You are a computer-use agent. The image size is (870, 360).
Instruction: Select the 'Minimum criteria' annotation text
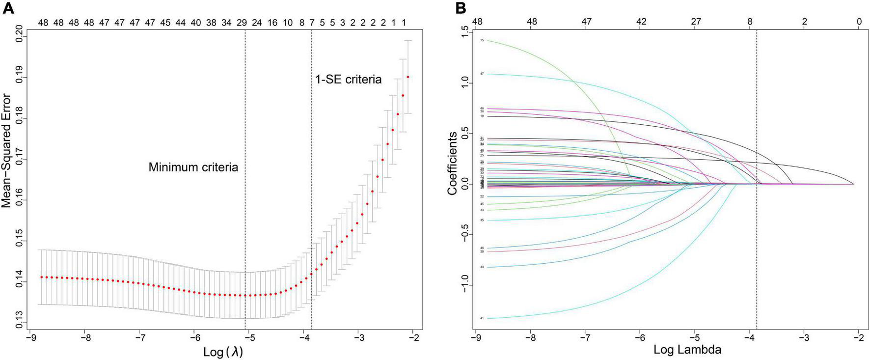(x=193, y=167)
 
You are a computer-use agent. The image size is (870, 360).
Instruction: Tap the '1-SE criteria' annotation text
(x=348, y=80)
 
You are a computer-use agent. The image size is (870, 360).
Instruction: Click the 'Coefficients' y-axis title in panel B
(x=452, y=163)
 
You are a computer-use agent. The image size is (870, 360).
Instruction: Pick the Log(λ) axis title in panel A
(x=223, y=352)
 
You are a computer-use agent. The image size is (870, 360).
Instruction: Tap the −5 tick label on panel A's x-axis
(x=249, y=338)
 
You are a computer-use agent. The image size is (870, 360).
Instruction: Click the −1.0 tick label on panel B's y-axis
(x=464, y=284)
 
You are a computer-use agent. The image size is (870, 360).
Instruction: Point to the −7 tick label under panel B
(x=584, y=338)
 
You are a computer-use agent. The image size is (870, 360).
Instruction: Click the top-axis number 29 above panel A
(x=242, y=23)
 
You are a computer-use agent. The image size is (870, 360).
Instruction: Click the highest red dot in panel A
(x=408, y=77)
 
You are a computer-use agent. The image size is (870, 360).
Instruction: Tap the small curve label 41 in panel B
(x=482, y=319)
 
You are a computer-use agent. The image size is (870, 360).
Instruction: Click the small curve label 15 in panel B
(x=482, y=40)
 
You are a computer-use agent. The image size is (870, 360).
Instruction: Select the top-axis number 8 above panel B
(x=750, y=22)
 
